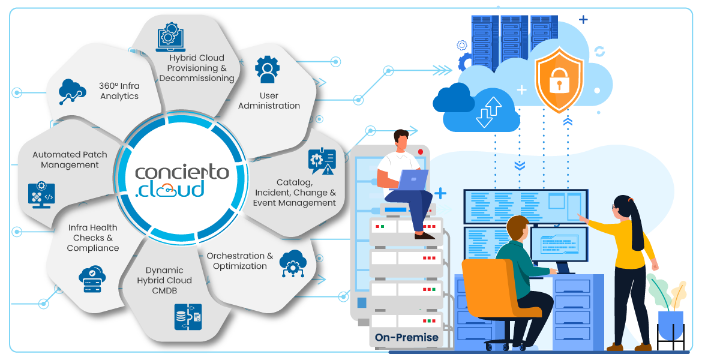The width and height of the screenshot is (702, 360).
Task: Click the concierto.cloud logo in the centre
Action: [x=182, y=181]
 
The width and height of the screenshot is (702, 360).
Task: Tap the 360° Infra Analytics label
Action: [x=119, y=91]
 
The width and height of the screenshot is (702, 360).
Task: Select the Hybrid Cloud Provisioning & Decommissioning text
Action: [x=197, y=68]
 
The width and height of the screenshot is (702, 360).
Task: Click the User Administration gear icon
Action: [x=267, y=70]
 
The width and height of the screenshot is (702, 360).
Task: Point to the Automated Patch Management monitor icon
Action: [x=41, y=195]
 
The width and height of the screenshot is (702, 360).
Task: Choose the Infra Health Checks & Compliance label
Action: [x=92, y=238]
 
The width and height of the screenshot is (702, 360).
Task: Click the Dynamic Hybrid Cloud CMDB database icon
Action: [x=188, y=317]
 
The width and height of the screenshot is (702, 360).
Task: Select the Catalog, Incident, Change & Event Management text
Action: [x=294, y=193]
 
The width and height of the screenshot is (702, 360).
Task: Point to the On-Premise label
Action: [x=407, y=337]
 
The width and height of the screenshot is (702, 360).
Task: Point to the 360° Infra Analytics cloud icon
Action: [x=72, y=91]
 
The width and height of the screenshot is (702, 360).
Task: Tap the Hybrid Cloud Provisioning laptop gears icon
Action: [x=170, y=37]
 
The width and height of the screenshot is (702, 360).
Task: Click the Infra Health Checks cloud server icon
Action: [x=92, y=279]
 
